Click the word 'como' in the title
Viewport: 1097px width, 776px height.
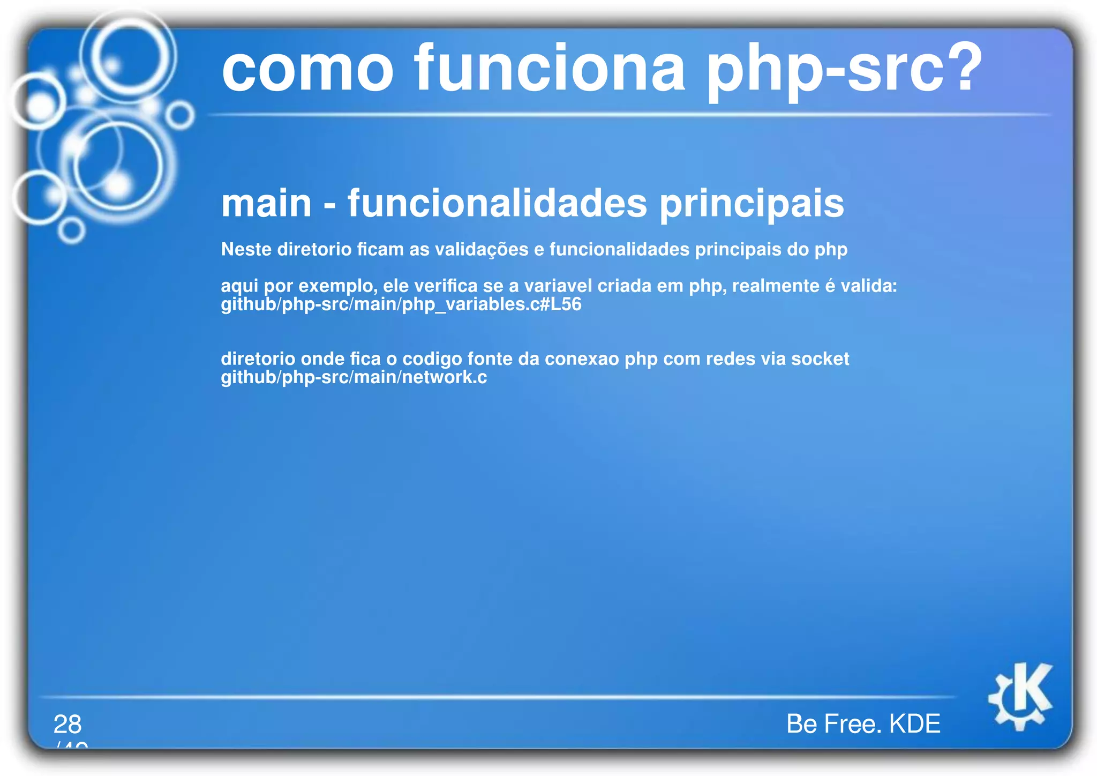(307, 70)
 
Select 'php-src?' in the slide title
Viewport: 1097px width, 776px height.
(844, 70)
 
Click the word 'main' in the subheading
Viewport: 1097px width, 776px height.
(266, 204)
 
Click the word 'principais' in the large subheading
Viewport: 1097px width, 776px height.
(752, 205)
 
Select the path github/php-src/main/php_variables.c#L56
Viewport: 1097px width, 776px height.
(401, 304)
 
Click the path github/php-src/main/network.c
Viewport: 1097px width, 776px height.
(354, 377)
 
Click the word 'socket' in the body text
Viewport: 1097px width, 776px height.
(820, 359)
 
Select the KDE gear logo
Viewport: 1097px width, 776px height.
(1020, 696)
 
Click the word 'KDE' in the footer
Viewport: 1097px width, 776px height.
(914, 724)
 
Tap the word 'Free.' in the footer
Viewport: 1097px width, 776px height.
(855, 724)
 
